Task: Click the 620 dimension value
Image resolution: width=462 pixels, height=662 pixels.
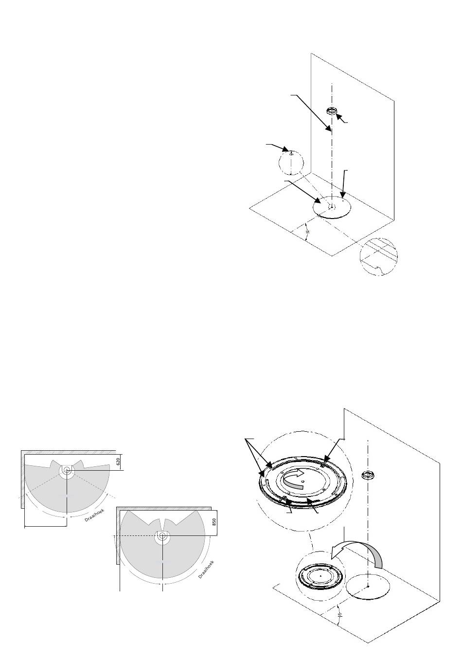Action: pyautogui.click(x=118, y=461)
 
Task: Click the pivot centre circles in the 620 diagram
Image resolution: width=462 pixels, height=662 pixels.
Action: pyautogui.click(x=66, y=470)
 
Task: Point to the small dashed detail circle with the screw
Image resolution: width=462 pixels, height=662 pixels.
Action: pyautogui.click(x=290, y=162)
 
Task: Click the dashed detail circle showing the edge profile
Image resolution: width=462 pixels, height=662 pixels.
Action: pyautogui.click(x=378, y=257)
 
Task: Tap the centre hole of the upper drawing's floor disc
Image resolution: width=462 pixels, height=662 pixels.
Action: pyautogui.click(x=331, y=206)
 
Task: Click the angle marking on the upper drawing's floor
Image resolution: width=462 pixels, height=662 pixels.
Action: pyautogui.click(x=307, y=232)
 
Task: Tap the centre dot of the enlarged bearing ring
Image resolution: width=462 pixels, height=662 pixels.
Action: pyautogui.click(x=303, y=482)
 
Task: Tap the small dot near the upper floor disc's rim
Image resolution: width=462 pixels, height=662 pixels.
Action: pyautogui.click(x=343, y=198)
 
